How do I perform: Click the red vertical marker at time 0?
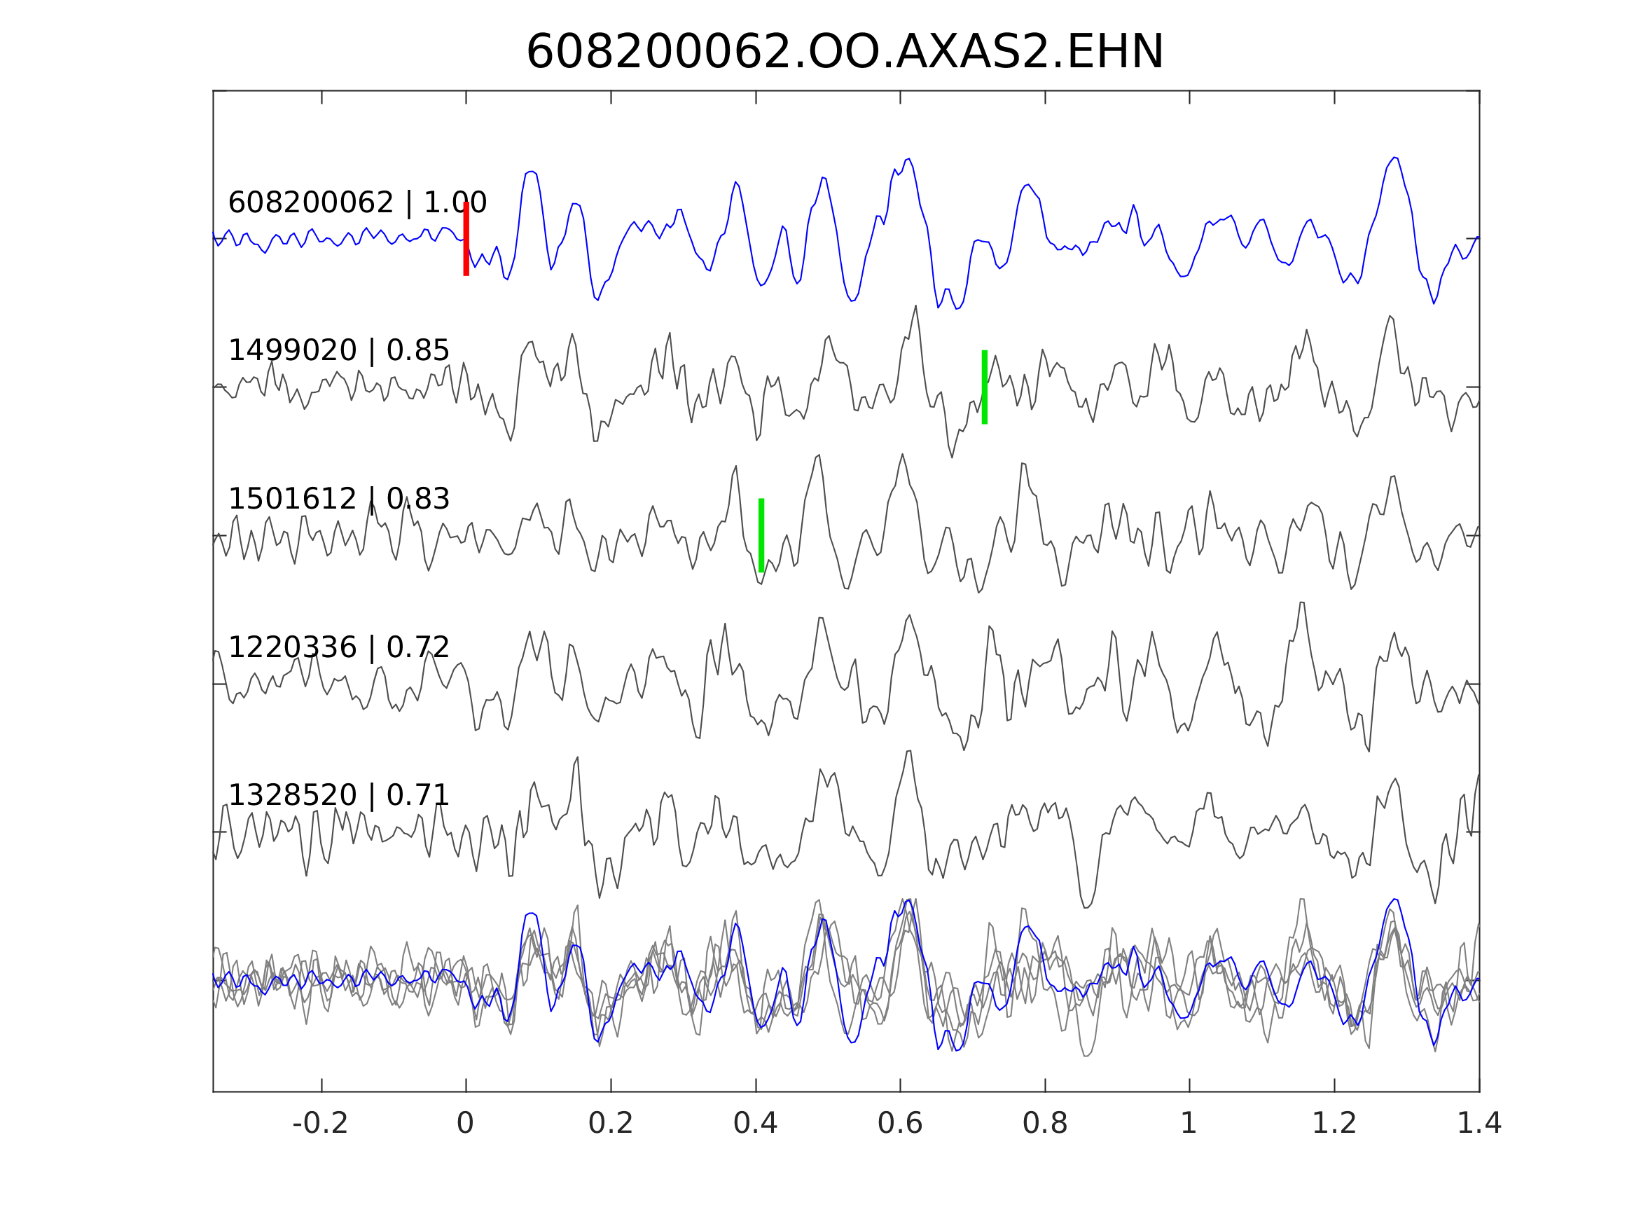click(466, 239)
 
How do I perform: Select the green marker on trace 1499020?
click(985, 387)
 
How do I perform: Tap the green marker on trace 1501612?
click(761, 535)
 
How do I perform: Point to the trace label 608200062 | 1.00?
click(356, 202)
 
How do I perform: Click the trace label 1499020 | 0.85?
click(338, 350)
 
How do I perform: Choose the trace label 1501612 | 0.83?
click(338, 499)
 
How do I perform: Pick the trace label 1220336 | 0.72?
click(338, 647)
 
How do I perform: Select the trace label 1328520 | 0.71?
click(338, 796)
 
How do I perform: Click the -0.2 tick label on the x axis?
click(320, 1123)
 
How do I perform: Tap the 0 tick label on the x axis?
click(465, 1123)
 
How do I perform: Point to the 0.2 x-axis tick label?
click(610, 1123)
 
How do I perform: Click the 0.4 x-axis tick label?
click(755, 1123)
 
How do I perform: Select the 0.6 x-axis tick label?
click(900, 1123)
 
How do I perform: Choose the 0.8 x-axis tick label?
click(1044, 1123)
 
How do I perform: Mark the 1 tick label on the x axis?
click(1189, 1123)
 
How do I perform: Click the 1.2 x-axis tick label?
click(1334, 1123)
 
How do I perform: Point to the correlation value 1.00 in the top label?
click(455, 202)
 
